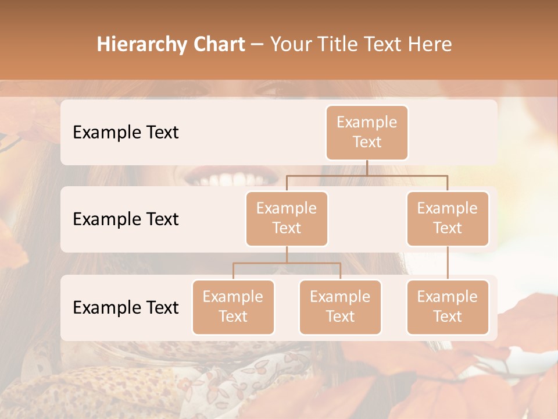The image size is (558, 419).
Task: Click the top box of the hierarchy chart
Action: [367, 133]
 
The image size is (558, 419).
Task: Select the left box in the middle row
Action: [287, 219]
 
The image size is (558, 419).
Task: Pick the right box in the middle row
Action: [448, 219]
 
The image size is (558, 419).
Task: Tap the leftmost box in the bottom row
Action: [233, 307]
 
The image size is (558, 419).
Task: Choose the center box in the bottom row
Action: [340, 307]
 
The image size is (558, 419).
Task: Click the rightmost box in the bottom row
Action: [448, 307]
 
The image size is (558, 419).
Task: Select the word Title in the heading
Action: [343, 44]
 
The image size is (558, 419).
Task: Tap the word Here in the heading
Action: [429, 44]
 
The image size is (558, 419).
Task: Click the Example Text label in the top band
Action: [126, 133]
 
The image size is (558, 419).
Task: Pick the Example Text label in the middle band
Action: [126, 219]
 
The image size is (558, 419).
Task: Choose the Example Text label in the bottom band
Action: [126, 307]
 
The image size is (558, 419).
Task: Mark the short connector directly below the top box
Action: [367, 168]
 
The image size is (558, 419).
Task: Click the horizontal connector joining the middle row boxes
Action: [367, 175]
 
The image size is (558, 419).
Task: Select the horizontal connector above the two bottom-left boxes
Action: [287, 263]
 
